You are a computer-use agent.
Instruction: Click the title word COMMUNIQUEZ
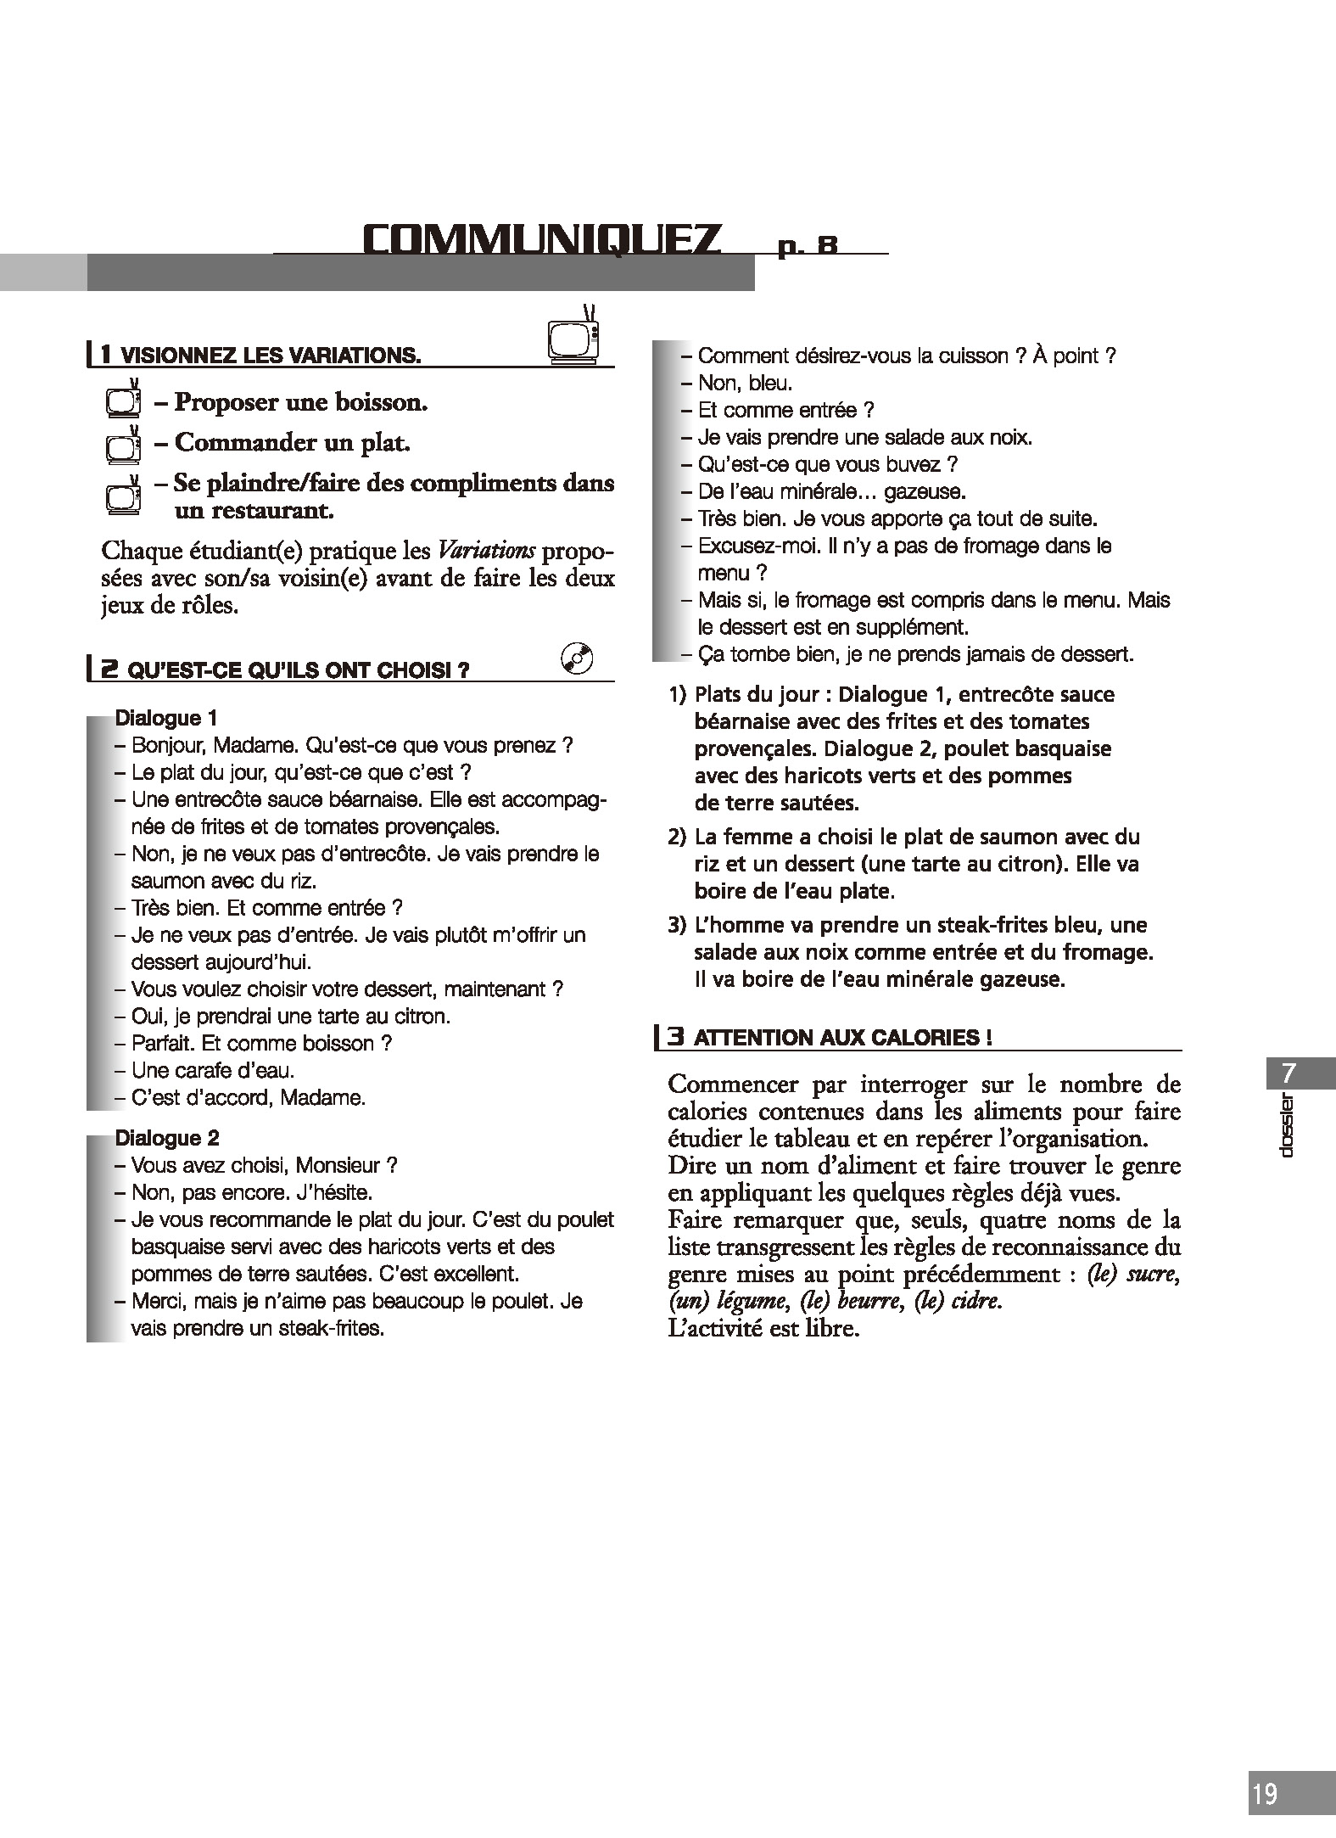point(542,240)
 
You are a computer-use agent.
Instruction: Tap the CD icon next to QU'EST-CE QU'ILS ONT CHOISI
point(577,658)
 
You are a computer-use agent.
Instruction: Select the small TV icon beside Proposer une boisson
point(123,401)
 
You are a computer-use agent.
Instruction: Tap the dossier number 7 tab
point(1288,1073)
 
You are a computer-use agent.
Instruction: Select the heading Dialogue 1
point(166,718)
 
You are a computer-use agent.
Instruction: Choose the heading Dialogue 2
point(167,1138)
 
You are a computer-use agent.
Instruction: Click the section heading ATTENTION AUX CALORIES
point(842,1038)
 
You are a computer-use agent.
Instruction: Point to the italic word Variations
point(486,552)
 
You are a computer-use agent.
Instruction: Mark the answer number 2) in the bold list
point(677,838)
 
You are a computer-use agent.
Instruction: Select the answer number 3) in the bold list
point(677,925)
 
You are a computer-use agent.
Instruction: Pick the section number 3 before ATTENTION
point(675,1037)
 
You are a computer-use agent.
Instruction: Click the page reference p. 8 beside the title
point(808,246)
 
